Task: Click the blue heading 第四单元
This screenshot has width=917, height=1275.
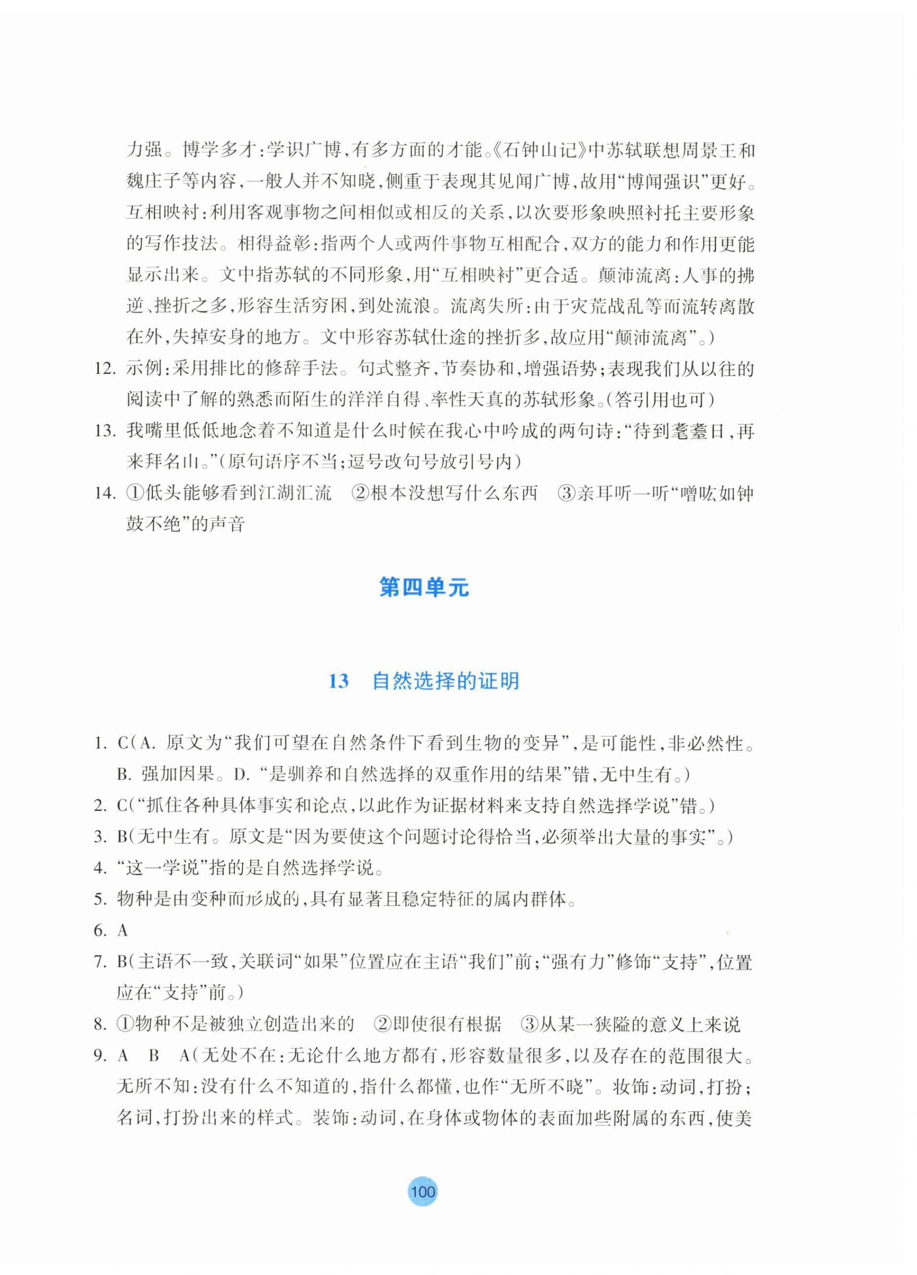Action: click(x=424, y=588)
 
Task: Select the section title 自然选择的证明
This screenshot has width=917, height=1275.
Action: click(x=445, y=681)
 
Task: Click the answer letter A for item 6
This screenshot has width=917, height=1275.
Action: click(x=122, y=931)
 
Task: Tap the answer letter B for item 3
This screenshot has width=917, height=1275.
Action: click(x=122, y=837)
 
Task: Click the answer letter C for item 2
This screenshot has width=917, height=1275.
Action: click(x=122, y=806)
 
